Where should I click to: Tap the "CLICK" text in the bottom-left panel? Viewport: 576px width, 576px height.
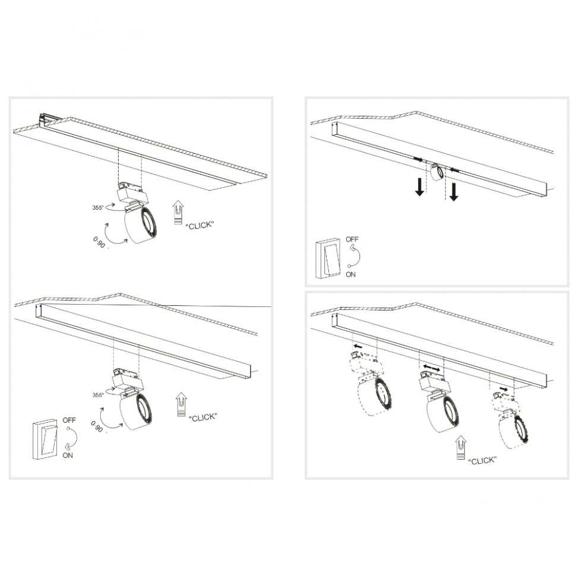point(202,417)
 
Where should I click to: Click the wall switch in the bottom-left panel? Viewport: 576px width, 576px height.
point(45,438)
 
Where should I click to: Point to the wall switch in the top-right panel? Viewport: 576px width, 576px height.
point(329,258)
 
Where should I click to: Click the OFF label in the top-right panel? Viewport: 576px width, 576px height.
point(352,239)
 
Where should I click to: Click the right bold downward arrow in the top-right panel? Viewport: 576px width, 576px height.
point(454,191)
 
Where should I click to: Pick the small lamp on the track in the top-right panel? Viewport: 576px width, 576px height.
point(437,172)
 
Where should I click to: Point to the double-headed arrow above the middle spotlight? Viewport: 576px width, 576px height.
point(431,369)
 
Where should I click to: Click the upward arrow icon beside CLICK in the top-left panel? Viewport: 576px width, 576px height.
point(177,213)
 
